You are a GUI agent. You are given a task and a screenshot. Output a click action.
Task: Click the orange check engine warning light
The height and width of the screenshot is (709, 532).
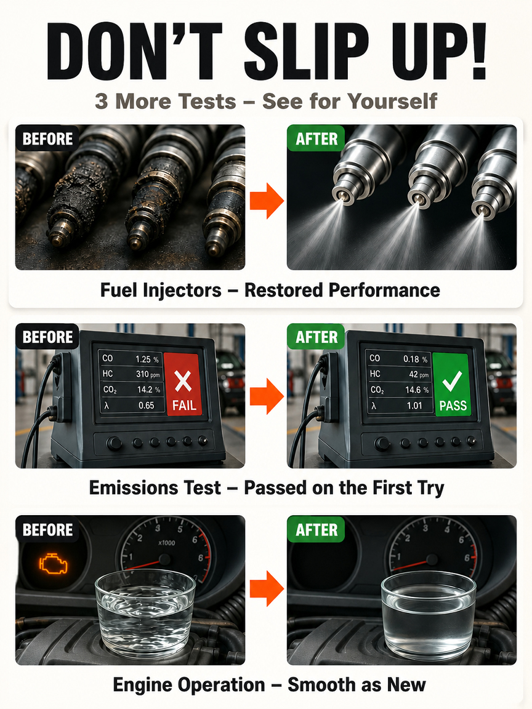(x=54, y=563)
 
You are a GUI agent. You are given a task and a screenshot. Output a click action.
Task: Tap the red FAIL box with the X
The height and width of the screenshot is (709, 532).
(x=183, y=384)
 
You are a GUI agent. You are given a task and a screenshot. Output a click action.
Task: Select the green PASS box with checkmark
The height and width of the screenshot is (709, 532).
(x=451, y=385)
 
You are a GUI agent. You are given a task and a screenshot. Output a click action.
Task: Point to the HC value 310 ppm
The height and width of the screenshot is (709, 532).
(x=148, y=374)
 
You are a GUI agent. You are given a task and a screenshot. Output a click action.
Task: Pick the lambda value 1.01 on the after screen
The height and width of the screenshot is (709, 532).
(x=414, y=406)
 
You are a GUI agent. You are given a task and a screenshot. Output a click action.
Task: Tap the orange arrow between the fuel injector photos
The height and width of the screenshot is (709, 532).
(x=267, y=201)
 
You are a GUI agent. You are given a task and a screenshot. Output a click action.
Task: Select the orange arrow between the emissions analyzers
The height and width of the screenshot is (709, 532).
(x=267, y=396)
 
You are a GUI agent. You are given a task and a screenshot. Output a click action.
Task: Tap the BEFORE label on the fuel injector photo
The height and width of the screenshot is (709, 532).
(x=47, y=139)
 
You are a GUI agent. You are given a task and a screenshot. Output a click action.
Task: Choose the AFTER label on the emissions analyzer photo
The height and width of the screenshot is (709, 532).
(x=316, y=337)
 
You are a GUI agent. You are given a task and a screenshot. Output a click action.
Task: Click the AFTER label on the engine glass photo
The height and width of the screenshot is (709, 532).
(x=316, y=529)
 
